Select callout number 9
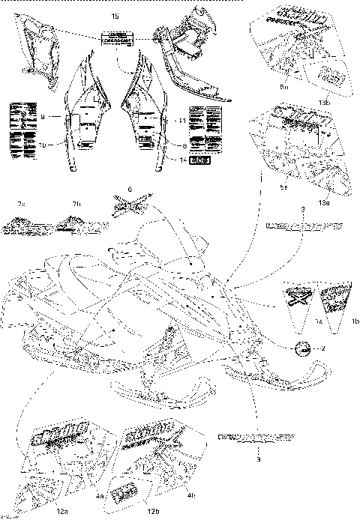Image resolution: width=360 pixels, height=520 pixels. [x=43, y=117]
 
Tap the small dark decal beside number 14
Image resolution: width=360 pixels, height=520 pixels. [x=200, y=160]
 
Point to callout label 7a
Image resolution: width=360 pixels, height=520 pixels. [x=22, y=205]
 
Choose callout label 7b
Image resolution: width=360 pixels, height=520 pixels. [x=76, y=205]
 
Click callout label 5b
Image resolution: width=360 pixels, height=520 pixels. [x=284, y=87]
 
